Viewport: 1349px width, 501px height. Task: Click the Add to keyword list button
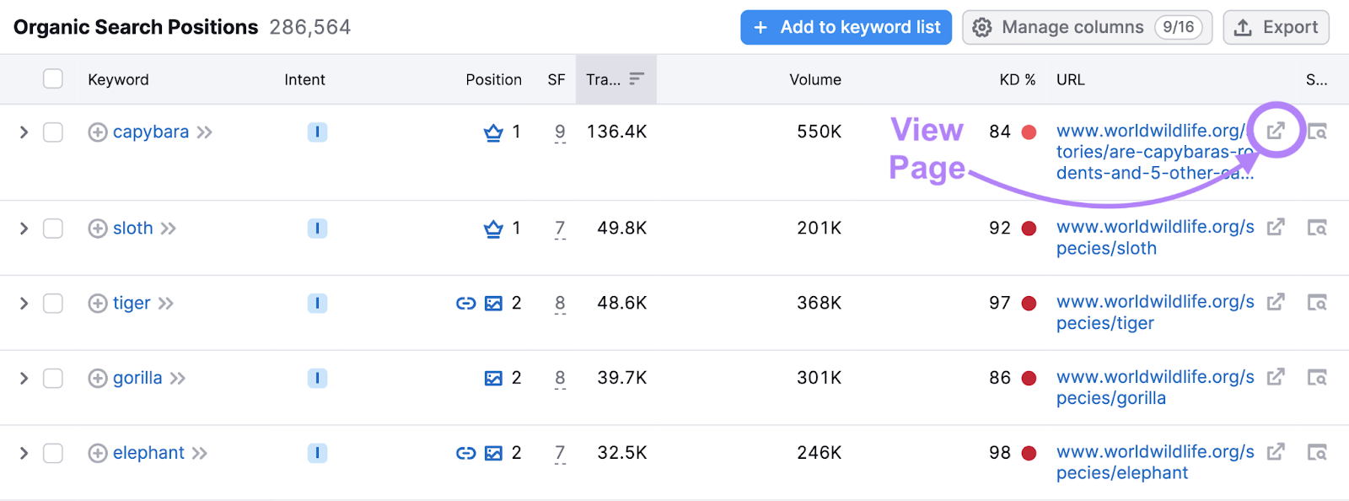tap(846, 27)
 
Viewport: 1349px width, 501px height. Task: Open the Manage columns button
tap(1087, 27)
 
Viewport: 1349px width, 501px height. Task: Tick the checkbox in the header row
tap(53, 78)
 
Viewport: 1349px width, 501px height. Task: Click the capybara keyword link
tap(151, 132)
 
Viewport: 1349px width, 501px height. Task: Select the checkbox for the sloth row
tap(53, 229)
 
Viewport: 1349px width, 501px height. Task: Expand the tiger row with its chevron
tap(24, 303)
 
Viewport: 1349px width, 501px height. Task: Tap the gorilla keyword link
tap(137, 378)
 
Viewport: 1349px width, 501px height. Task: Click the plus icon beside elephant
tap(98, 453)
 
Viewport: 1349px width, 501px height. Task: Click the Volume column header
tap(814, 79)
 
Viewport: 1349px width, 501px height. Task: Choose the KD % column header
tap(1017, 79)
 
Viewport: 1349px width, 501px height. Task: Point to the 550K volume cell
tap(819, 132)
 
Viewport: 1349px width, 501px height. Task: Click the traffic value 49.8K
tap(621, 228)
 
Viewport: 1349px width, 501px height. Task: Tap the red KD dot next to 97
tap(1029, 304)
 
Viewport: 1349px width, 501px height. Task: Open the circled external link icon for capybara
tap(1276, 131)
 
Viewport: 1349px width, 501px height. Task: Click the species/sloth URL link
tap(1155, 237)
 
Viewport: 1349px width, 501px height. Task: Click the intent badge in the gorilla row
tap(317, 378)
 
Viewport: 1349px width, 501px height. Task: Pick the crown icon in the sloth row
tap(493, 229)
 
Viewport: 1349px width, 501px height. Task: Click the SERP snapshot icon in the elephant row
tap(1317, 453)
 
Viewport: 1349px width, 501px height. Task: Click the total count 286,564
tap(309, 27)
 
